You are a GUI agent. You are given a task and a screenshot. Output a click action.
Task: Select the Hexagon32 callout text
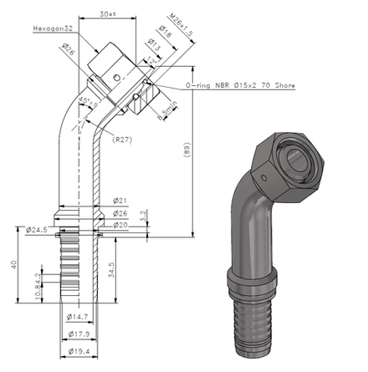click(55, 28)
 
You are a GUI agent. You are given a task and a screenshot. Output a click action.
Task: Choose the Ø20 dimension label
click(120, 225)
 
